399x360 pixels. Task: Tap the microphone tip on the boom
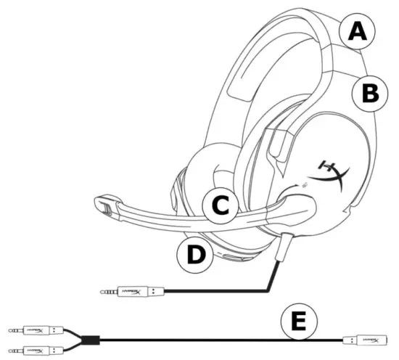pyautogui.click(x=107, y=205)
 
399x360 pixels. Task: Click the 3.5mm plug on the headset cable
pyautogui.click(x=134, y=292)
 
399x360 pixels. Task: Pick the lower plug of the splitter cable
pyautogui.click(x=33, y=351)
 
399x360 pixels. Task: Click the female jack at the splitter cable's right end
pyautogui.click(x=368, y=340)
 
